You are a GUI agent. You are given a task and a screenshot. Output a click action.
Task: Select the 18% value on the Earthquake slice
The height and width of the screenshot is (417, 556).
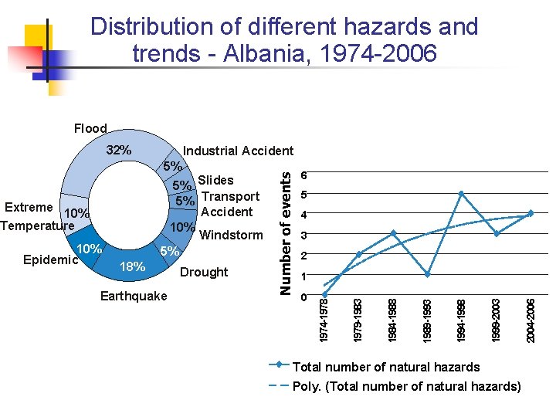134,266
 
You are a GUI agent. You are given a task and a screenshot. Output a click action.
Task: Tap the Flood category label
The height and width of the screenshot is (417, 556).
90,128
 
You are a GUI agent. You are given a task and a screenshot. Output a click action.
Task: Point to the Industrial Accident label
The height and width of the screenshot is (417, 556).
238,151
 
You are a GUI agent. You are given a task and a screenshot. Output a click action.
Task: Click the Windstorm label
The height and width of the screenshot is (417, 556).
231,235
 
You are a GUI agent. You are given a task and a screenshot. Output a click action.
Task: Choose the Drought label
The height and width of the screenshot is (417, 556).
204,272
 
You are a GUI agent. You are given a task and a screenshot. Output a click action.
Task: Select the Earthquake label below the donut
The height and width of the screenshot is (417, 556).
134,296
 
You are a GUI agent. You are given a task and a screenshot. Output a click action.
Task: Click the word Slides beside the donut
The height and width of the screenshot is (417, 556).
215,181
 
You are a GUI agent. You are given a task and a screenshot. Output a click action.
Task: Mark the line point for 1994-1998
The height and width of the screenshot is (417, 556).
462,193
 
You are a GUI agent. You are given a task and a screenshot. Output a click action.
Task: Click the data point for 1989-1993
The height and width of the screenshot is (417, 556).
428,275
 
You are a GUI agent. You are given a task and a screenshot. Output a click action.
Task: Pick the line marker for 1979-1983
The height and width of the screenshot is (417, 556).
359,254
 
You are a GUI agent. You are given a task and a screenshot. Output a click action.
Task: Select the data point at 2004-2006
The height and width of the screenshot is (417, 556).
531,213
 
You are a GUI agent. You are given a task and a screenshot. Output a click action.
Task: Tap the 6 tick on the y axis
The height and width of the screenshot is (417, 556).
306,174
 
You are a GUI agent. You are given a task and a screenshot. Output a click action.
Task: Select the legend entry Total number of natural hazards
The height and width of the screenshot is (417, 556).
386,368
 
